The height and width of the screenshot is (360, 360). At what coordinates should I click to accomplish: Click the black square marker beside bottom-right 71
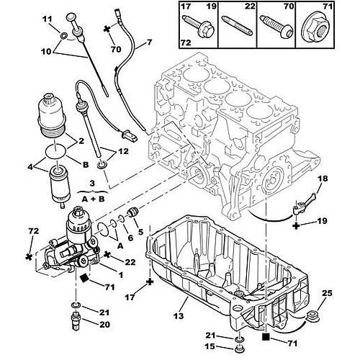pos(267,336)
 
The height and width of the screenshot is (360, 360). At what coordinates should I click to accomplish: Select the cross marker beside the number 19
pos(296,225)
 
